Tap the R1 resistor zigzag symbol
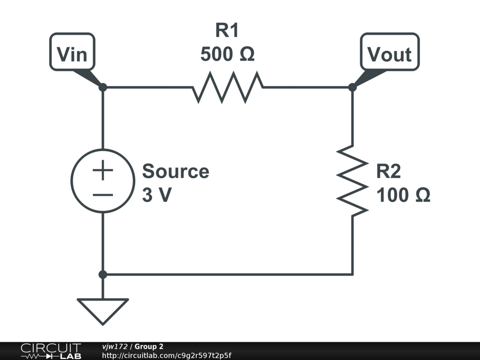(x=227, y=87)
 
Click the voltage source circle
(x=103, y=181)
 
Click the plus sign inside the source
(x=103, y=171)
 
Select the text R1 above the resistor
(x=227, y=31)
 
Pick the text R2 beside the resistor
(x=389, y=172)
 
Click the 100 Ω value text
(x=403, y=195)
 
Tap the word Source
(x=176, y=172)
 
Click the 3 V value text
(x=157, y=195)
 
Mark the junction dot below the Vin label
(x=103, y=87)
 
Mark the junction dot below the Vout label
(x=352, y=87)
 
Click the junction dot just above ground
(x=103, y=274)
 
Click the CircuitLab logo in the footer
(x=51, y=351)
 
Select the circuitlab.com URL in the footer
(x=167, y=356)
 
